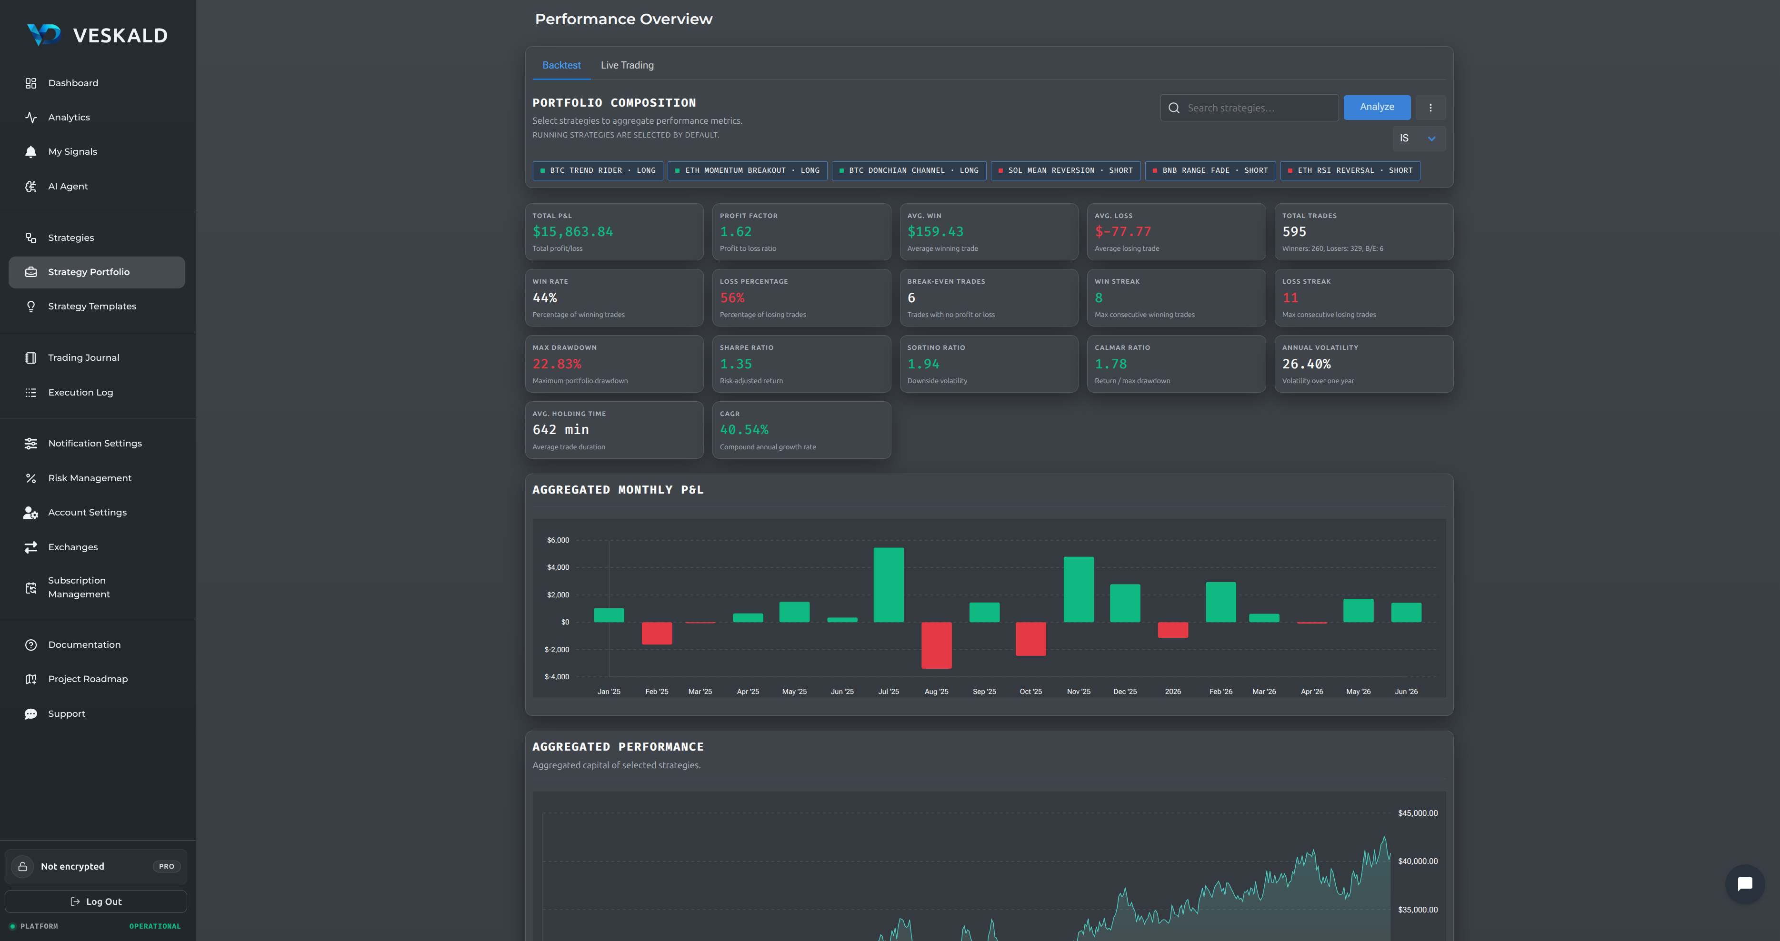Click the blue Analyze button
click(x=1377, y=107)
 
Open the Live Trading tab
click(x=627, y=65)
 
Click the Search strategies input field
click(x=1250, y=108)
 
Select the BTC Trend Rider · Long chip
click(x=598, y=171)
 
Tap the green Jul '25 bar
click(x=889, y=585)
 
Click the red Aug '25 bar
click(x=936, y=645)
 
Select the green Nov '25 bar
click(x=1079, y=589)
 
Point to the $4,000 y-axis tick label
click(x=558, y=567)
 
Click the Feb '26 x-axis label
click(x=1220, y=692)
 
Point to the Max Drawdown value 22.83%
click(x=557, y=364)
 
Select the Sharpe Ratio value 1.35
click(x=735, y=364)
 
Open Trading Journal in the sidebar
click(x=84, y=358)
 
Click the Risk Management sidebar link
click(x=90, y=478)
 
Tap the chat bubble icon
click(x=1745, y=884)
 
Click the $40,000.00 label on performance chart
click(x=1417, y=862)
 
